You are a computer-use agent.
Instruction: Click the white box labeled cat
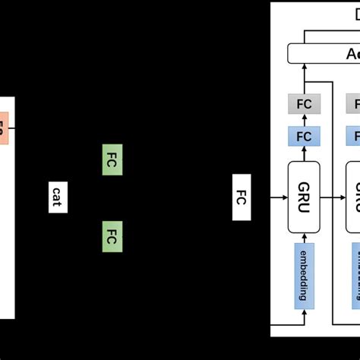pyautogui.click(x=58, y=197)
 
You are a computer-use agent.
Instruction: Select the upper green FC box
pyautogui.click(x=112, y=160)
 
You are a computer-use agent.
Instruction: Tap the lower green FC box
pyautogui.click(x=112, y=235)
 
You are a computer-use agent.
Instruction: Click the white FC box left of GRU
pyautogui.click(x=240, y=197)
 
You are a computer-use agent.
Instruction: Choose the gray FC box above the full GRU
pyautogui.click(x=304, y=104)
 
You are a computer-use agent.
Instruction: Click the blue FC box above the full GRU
pyautogui.click(x=304, y=137)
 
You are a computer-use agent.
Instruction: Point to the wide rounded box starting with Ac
pyautogui.click(x=324, y=53)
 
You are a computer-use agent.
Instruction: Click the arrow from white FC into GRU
pyautogui.click(x=269, y=197)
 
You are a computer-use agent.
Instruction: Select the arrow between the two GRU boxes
pyautogui.click(x=333, y=197)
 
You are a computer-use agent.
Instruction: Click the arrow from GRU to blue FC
pyautogui.click(x=304, y=154)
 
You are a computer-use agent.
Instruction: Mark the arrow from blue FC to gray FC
pyautogui.click(x=304, y=120)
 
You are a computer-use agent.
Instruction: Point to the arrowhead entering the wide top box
pyautogui.click(x=304, y=68)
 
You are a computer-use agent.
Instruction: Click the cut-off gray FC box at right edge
pyautogui.click(x=354, y=104)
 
